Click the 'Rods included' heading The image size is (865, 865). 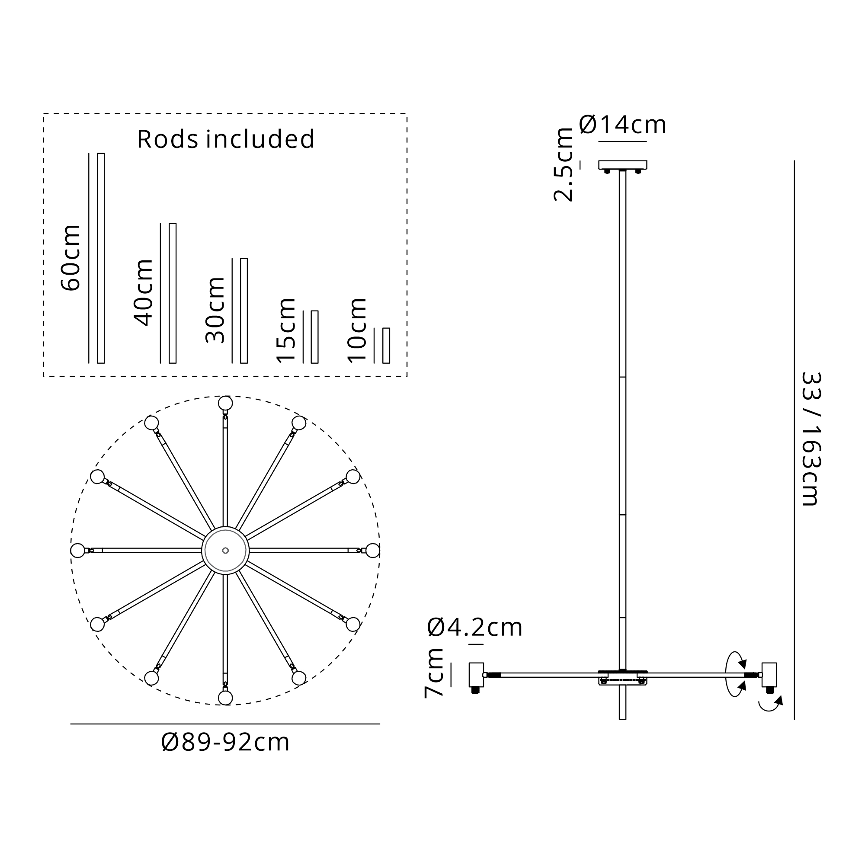226,139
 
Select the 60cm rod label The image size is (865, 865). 71,258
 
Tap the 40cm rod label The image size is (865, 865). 143,292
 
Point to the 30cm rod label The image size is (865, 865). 215,310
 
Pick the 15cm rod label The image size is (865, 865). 286,330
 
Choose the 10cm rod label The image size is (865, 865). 357,330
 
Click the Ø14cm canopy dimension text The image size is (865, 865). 622,125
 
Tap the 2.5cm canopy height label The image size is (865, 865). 563,164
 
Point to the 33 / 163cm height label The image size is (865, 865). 811,439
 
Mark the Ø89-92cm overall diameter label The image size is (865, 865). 225,742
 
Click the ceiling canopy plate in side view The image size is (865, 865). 622,165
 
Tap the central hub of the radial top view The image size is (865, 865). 225,550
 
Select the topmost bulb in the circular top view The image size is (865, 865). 225,403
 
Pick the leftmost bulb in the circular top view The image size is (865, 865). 78,550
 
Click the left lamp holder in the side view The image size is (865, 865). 476,675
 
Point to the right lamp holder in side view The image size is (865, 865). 769,675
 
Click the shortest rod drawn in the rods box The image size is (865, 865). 386,346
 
